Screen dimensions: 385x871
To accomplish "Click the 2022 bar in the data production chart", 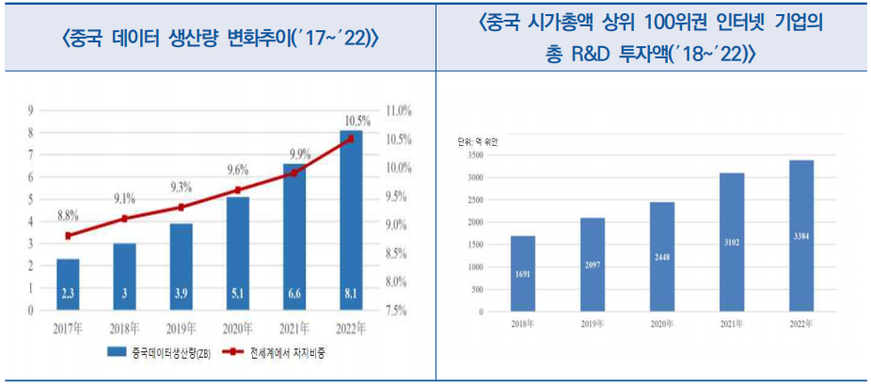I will [x=351, y=226].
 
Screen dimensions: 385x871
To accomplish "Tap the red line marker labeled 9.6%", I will [x=237, y=190].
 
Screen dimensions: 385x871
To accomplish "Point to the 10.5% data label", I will [x=356, y=120].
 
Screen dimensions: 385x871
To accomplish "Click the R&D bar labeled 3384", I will [x=800, y=235].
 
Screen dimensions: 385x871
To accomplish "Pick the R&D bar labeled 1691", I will [x=522, y=273].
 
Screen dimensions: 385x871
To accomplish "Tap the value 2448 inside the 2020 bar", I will [x=661, y=255].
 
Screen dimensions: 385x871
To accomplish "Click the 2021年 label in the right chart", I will [x=731, y=323].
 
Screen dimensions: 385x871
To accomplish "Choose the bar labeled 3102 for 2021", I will [x=731, y=242].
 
